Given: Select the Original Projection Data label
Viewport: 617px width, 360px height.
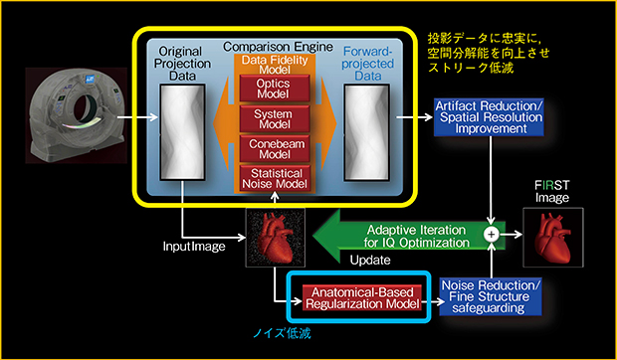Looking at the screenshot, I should click(181, 63).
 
